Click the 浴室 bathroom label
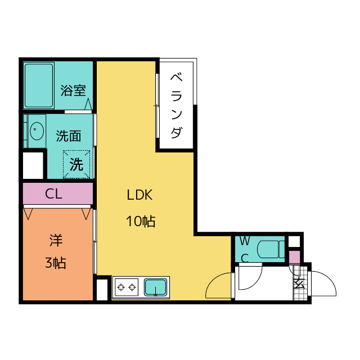pyautogui.click(x=73, y=91)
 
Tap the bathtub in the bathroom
pyautogui.click(x=39, y=85)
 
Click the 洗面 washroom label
pyautogui.click(x=69, y=136)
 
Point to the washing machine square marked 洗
pyautogui.click(x=76, y=164)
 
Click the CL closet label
pyautogui.click(x=53, y=194)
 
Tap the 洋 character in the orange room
pyautogui.click(x=56, y=241)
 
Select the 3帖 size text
pyautogui.click(x=56, y=262)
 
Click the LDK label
pyautogui.click(x=139, y=195)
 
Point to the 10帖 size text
pyautogui.click(x=140, y=221)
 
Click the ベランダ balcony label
pyautogui.click(x=176, y=105)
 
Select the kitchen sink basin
pyautogui.click(x=156, y=287)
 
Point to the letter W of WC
pyautogui.click(x=245, y=241)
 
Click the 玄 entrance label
pyautogui.click(x=298, y=283)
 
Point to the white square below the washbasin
pyautogui.click(x=33, y=165)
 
